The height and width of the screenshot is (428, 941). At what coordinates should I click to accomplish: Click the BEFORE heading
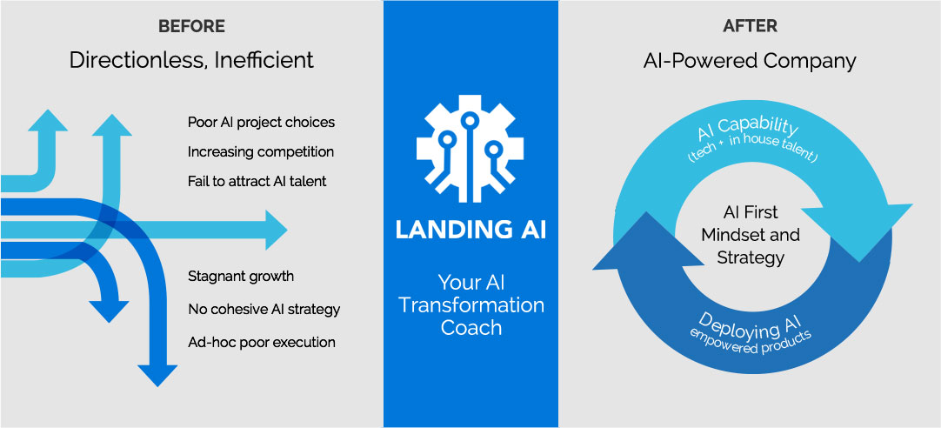(192, 26)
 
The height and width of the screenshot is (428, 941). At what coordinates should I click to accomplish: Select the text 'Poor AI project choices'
(261, 123)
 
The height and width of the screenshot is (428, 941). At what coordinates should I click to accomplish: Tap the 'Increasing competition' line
(260, 152)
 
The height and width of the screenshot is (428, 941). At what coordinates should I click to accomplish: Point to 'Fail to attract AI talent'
(257, 181)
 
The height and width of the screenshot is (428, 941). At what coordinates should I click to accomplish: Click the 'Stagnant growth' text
(241, 277)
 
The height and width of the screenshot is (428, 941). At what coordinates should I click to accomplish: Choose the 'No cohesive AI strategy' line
(264, 310)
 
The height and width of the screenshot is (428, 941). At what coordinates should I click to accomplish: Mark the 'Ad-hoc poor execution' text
(262, 342)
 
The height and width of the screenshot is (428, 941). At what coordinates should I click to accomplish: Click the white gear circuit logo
(470, 148)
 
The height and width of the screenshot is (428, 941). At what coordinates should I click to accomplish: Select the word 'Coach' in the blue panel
(471, 327)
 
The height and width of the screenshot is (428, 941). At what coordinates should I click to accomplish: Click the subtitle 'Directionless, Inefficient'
(191, 60)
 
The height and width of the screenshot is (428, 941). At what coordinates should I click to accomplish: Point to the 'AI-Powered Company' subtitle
(749, 61)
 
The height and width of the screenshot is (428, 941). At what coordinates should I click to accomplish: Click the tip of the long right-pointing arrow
(288, 230)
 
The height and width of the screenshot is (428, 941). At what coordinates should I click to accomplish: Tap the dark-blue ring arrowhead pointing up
(648, 237)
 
